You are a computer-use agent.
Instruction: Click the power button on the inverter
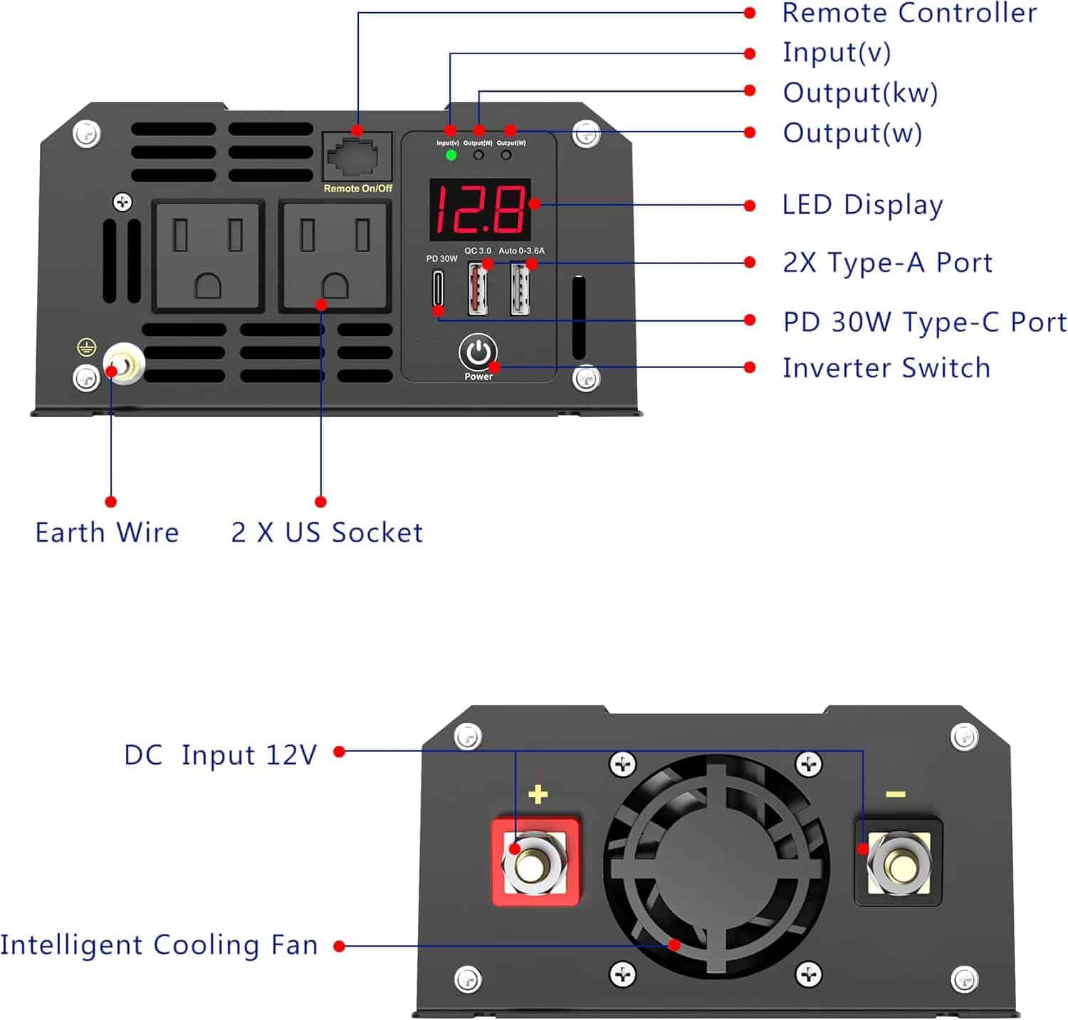478,352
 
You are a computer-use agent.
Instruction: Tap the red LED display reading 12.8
480,209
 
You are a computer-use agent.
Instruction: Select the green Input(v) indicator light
451,154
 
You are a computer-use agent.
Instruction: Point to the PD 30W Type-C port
439,288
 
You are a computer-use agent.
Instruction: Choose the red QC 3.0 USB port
478,288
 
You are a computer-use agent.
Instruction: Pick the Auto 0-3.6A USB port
520,288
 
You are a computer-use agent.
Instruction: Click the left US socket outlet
208,256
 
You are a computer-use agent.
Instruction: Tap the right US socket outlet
335,256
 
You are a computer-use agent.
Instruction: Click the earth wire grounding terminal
124,364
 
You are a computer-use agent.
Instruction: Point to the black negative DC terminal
899,863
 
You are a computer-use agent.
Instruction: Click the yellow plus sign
538,794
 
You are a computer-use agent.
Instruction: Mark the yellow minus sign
895,794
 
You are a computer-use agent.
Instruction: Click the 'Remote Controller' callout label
909,13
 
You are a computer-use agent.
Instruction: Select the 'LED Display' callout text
862,205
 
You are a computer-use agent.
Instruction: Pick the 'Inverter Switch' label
886,368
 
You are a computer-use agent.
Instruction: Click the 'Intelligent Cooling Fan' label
159,945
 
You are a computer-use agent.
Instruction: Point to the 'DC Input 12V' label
220,755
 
